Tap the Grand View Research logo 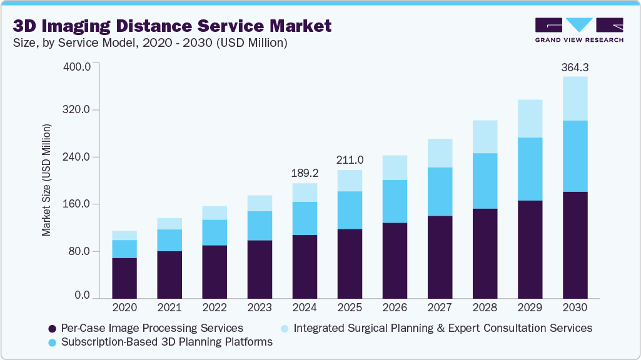579,29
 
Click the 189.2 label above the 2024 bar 305,173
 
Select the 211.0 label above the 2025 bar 350,160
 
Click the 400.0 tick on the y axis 78,66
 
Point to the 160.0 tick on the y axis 78,204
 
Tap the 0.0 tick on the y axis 83,295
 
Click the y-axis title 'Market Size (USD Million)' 46,180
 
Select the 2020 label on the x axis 124,307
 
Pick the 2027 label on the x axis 440,307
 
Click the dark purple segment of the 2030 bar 575,244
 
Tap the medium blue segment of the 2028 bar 485,181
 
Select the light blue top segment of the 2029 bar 530,118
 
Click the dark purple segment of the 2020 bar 124,277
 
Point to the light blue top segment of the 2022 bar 215,212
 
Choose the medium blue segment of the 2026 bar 395,201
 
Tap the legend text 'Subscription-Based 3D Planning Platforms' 166,342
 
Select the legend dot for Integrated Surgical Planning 285,328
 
